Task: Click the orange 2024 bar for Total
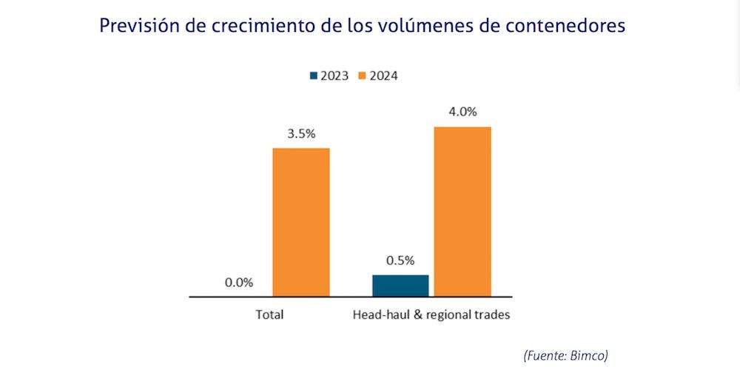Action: (301, 222)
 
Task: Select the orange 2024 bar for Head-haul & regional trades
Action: (462, 212)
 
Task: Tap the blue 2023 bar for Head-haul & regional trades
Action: (400, 286)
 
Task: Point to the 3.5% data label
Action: (301, 134)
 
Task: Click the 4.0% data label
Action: (462, 112)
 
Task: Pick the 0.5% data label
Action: (400, 260)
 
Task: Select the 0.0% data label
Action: (239, 282)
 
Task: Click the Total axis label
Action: (270, 314)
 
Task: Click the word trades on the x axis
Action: (493, 314)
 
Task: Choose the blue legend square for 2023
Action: (314, 75)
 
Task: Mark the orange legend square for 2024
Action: (363, 75)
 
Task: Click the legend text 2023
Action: (335, 75)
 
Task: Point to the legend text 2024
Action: (384, 75)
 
